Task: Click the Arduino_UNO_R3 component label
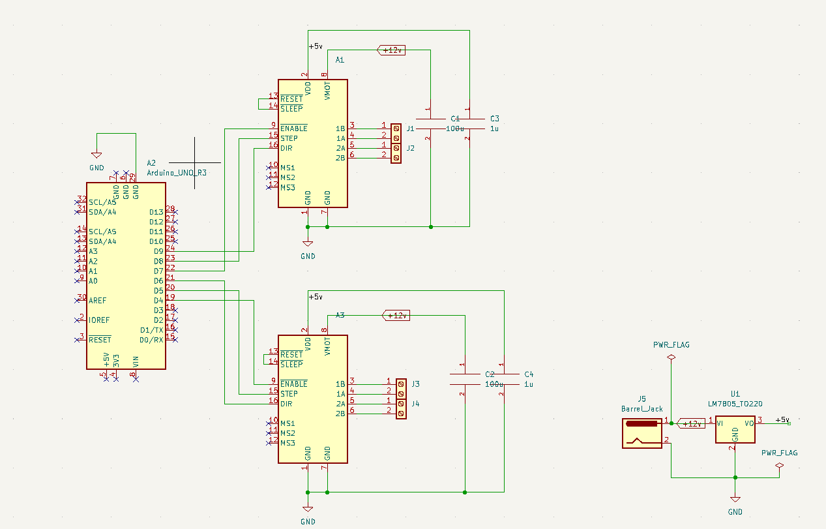(177, 173)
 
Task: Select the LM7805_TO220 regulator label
(735, 404)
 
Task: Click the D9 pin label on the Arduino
(158, 251)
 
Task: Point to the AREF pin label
(98, 301)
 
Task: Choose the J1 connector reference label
(410, 128)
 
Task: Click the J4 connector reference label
(415, 404)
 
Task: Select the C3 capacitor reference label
(494, 119)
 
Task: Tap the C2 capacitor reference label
(490, 374)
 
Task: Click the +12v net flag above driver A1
(392, 50)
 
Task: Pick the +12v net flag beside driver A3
(396, 316)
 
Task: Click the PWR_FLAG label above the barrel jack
(671, 344)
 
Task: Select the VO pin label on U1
(749, 423)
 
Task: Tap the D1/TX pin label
(151, 330)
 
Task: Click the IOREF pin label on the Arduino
(99, 320)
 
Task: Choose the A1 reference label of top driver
(340, 60)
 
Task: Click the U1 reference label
(735, 394)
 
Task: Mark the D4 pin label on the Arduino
(158, 300)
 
